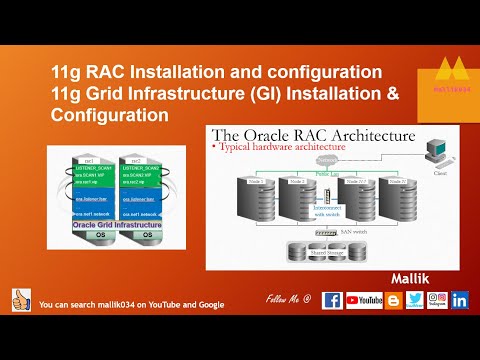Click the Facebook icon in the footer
coord(333,299)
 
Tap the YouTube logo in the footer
coord(364,299)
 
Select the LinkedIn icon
coord(460,299)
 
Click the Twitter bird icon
coord(414,299)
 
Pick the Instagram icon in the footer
coord(437,299)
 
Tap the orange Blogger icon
coord(393,299)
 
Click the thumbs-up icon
coord(21,299)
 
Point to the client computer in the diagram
coord(437,153)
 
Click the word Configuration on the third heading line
coord(109,116)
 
